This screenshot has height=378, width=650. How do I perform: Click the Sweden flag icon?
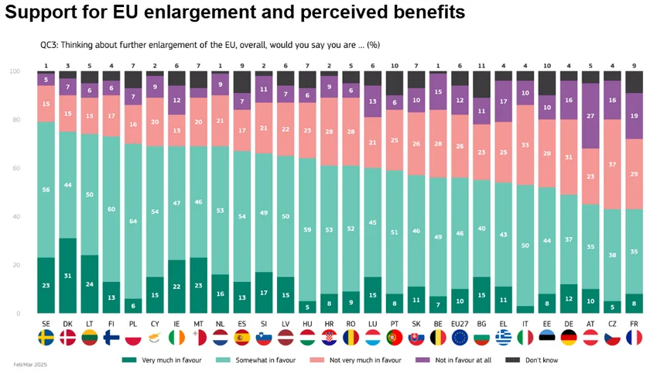46,338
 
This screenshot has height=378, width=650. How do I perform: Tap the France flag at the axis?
634,338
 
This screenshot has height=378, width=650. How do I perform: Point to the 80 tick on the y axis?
14,120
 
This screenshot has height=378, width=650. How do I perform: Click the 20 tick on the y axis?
14,265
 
